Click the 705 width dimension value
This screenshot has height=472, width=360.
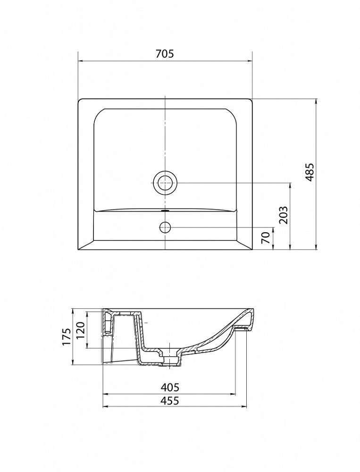(x=165, y=54)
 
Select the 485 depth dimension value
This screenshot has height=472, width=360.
(x=310, y=172)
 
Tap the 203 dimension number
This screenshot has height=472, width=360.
(x=284, y=215)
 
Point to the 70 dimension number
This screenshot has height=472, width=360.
(x=265, y=238)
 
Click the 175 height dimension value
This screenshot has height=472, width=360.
(x=66, y=337)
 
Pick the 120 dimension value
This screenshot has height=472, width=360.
(x=80, y=330)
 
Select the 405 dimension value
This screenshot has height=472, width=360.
(x=169, y=387)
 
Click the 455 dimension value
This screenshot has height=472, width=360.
(x=169, y=401)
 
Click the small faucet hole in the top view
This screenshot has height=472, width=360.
(x=165, y=227)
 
